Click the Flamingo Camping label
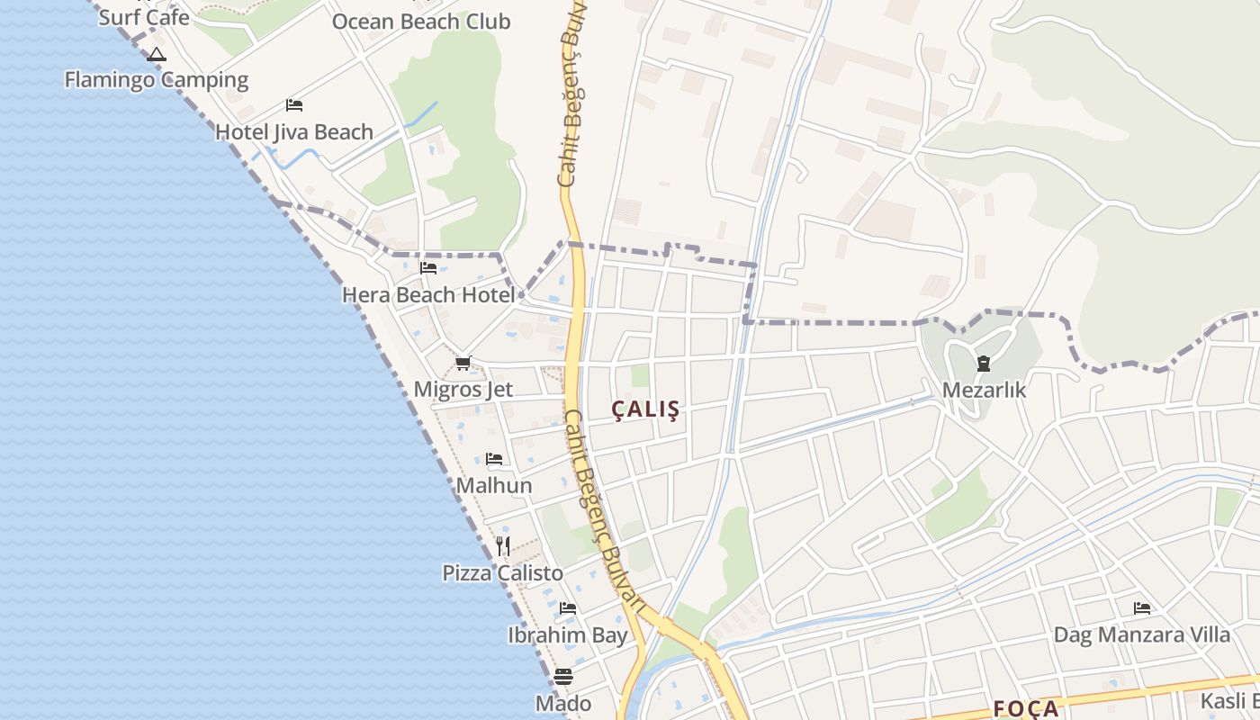(157, 80)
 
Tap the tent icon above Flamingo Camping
(157, 55)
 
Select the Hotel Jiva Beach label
(294, 132)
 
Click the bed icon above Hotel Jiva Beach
(294, 105)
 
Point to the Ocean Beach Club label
(421, 22)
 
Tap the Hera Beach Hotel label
(428, 294)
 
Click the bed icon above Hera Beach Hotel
(428, 268)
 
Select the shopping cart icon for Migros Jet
(463, 364)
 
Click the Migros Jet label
(463, 390)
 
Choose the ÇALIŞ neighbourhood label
(646, 409)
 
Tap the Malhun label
(494, 486)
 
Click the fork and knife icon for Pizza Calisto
(503, 546)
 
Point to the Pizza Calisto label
(503, 573)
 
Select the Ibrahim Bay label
(568, 635)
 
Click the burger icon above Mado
(563, 677)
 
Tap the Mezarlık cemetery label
(984, 391)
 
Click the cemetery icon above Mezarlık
(983, 364)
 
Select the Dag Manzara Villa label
(1142, 634)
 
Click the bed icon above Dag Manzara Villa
(1142, 608)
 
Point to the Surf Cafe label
(144, 17)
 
